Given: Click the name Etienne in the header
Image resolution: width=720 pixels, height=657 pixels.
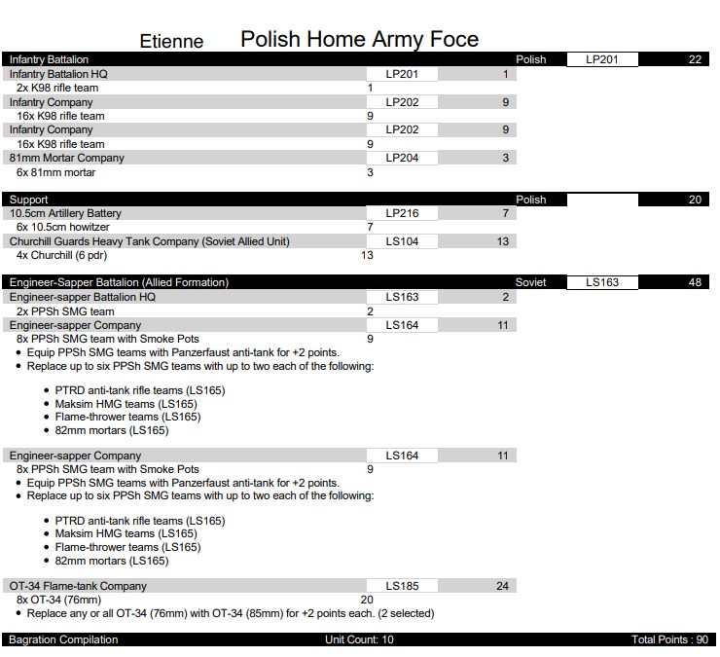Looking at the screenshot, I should point(171,41).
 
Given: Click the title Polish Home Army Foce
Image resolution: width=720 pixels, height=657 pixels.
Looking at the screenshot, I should point(359,39).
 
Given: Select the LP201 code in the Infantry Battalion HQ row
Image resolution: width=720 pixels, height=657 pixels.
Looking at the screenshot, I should point(402,74).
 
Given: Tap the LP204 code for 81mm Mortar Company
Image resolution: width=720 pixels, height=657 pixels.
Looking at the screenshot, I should point(402,158).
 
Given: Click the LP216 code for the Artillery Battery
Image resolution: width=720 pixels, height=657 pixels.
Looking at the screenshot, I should point(402,213).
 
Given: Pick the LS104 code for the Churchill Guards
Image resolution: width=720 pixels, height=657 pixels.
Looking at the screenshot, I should point(402,241).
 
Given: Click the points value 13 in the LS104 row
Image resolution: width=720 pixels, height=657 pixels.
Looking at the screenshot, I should point(502,241).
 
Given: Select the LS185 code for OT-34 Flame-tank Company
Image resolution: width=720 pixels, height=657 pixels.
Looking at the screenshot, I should point(402,586).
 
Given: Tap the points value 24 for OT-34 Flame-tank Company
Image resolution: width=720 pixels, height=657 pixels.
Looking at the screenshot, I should point(502,586).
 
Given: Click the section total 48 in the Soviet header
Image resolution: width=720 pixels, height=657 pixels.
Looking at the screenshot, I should point(695,282).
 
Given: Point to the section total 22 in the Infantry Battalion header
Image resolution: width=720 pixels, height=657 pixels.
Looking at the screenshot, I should point(695,59).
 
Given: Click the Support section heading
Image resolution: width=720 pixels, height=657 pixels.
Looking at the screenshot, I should point(28,200).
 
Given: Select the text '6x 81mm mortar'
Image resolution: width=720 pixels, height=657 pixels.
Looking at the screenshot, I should point(55,172).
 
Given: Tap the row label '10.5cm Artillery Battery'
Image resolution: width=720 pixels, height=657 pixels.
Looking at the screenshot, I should point(65,213).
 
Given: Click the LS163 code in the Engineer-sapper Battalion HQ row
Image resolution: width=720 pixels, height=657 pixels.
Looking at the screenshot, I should point(402,297).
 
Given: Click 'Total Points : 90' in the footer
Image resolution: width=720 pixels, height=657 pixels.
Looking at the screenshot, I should point(670,639).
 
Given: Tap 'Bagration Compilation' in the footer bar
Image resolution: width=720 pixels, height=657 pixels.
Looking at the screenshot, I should point(63,639).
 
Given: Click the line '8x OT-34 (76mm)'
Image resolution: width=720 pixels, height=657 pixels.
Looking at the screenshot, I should point(58,600).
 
